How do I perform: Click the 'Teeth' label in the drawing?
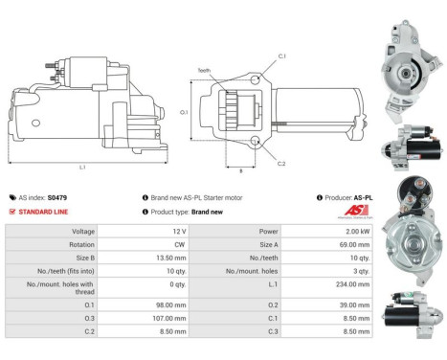(205, 70)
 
